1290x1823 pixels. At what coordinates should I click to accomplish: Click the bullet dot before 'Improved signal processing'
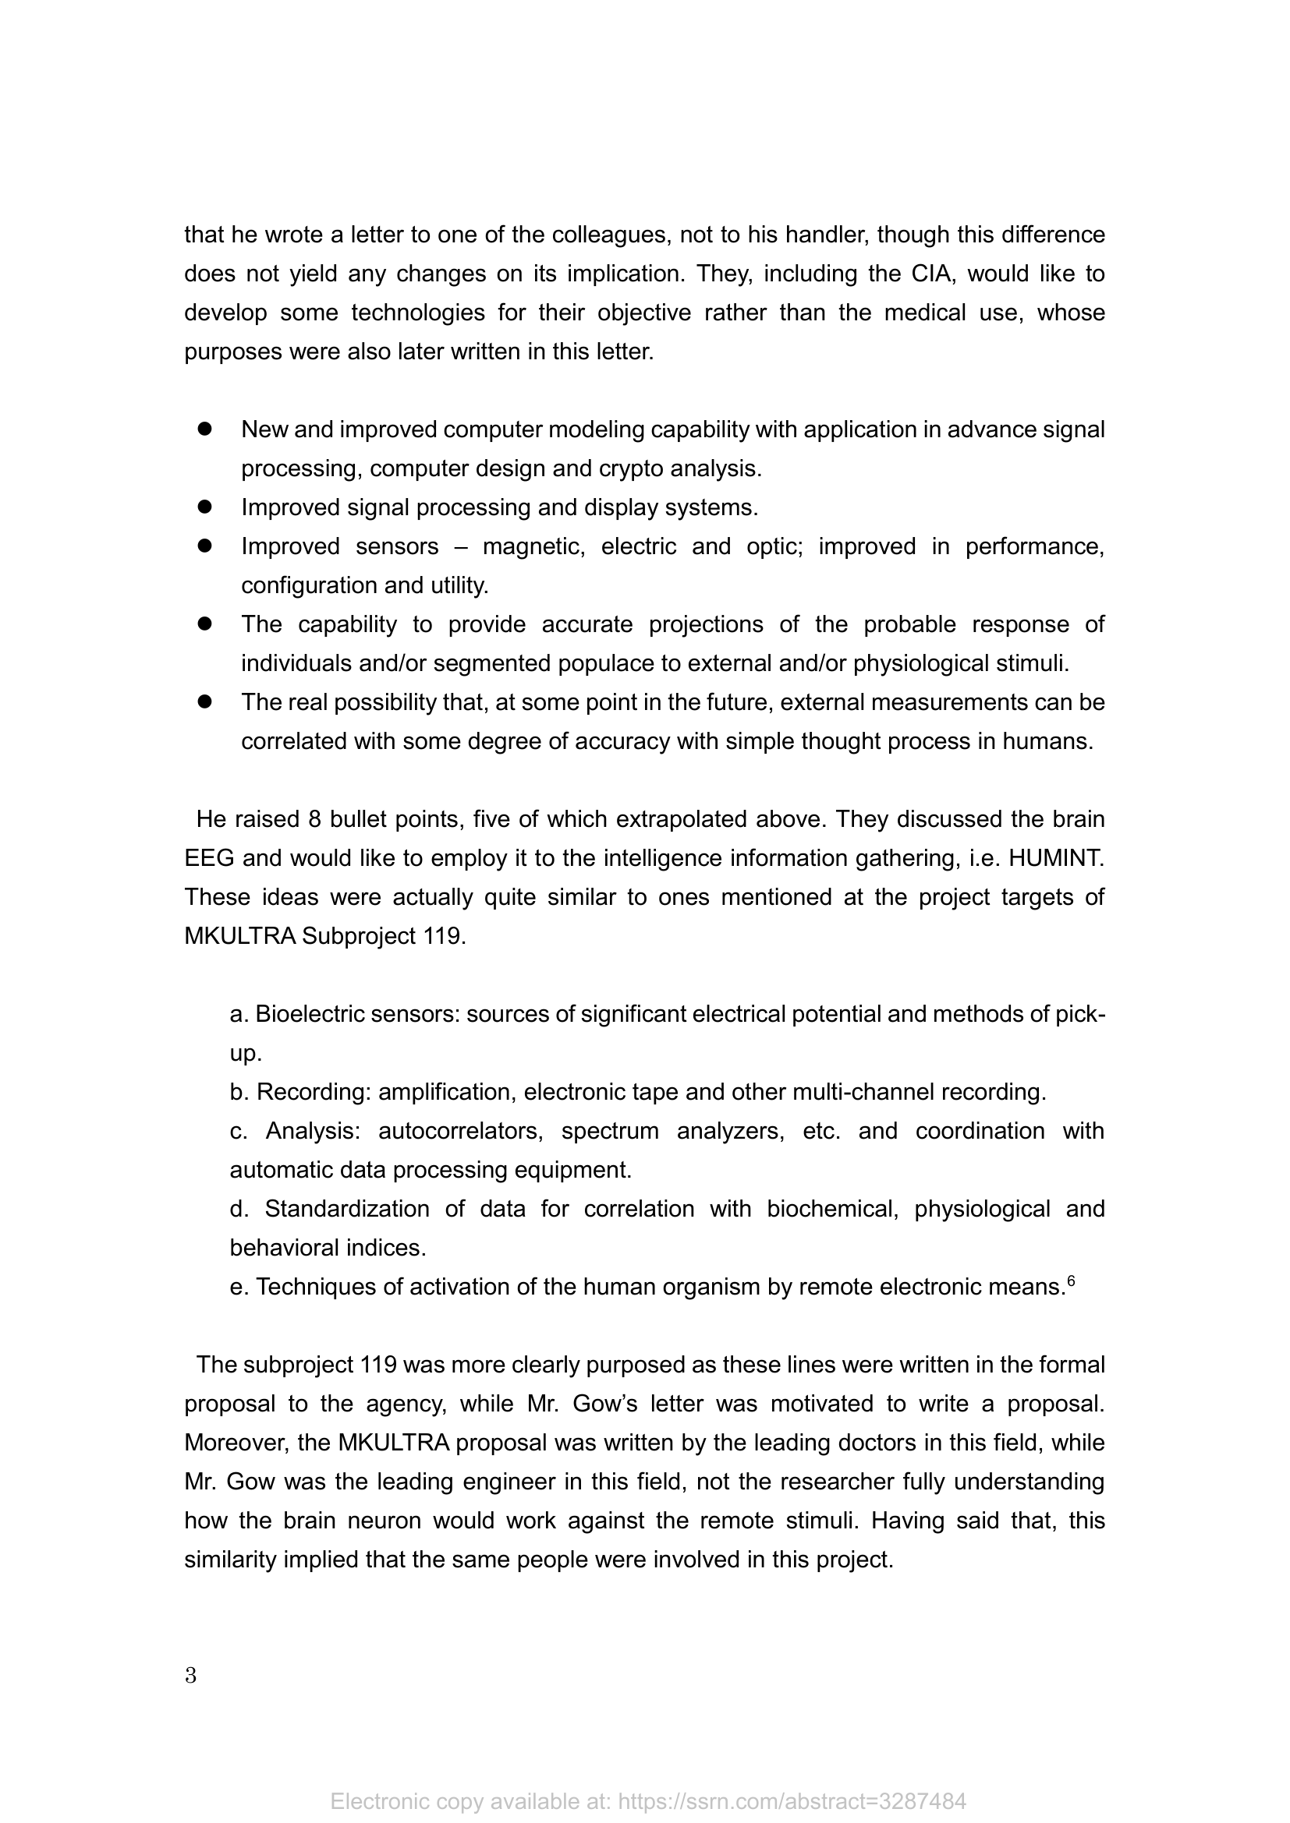point(205,507)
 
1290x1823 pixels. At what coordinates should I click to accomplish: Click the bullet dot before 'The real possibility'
point(205,702)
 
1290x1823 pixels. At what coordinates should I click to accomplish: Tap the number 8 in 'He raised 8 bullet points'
point(314,818)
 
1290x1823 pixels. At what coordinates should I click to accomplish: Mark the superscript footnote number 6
point(1071,1279)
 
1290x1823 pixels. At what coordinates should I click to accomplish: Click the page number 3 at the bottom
point(190,1676)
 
